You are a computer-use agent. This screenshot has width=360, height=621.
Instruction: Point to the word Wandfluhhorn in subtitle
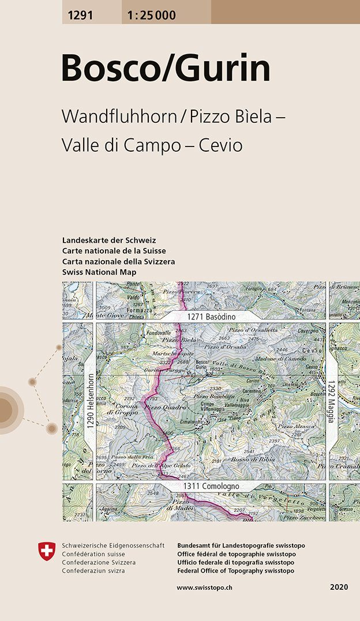(x=118, y=116)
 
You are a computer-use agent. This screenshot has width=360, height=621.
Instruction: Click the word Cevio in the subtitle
(x=220, y=145)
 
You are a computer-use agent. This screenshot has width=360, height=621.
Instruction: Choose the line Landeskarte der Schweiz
(x=109, y=240)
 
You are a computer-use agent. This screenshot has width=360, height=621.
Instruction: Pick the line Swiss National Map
(x=99, y=272)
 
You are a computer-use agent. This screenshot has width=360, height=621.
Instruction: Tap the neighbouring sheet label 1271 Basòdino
(x=211, y=317)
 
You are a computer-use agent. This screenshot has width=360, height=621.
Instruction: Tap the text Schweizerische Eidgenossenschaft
(x=113, y=545)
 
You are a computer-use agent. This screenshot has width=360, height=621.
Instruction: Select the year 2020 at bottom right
(x=339, y=587)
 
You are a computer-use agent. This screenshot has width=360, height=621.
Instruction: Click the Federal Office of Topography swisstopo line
(x=235, y=570)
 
